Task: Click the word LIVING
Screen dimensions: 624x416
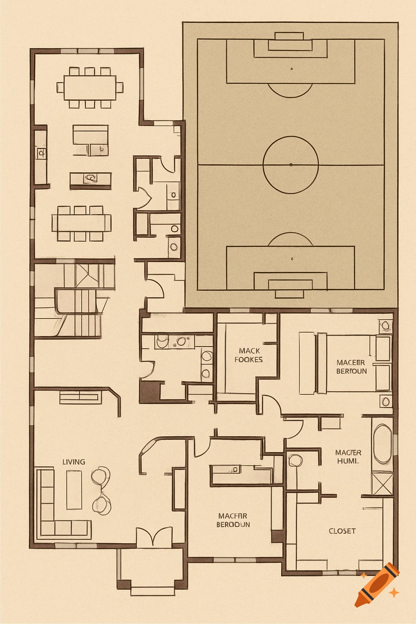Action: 74,462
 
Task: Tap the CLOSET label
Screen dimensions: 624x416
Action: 342,531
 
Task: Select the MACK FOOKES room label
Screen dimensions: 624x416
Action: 249,355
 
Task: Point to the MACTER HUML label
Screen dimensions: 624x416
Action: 348,457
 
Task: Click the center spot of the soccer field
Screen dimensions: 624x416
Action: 291,165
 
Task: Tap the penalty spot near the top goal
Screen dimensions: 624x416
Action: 292,69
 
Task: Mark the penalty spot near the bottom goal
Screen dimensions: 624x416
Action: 292,258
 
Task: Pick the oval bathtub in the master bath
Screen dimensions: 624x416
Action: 382,444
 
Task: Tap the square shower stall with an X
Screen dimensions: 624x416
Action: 382,483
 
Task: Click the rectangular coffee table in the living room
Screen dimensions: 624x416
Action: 74,490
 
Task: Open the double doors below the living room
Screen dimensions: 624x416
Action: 154,537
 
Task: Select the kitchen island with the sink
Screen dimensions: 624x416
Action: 90,179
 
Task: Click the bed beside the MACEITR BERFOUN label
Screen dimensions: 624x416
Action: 345,363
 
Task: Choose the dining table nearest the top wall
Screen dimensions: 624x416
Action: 90,87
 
